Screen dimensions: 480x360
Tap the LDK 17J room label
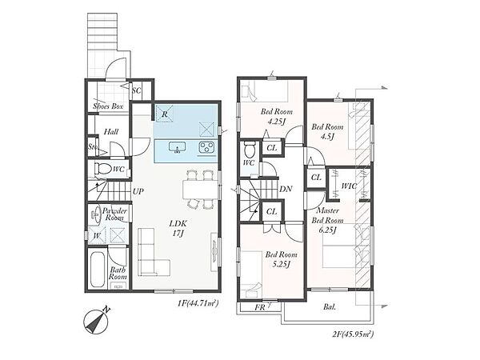click(178, 228)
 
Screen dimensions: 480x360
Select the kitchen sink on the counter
click(178, 147)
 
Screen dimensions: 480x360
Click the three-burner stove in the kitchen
click(206, 147)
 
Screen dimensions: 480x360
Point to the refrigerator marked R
click(165, 114)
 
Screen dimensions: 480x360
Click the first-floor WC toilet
click(103, 169)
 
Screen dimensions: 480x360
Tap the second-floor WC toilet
click(250, 150)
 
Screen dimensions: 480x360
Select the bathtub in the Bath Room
click(98, 270)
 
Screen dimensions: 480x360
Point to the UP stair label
click(138, 192)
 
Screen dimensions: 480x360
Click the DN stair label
click(286, 189)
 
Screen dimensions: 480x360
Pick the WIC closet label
click(349, 186)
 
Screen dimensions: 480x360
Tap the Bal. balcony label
click(330, 306)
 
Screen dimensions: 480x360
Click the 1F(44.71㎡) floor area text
click(198, 303)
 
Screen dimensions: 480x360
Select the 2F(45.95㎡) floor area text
click(353, 334)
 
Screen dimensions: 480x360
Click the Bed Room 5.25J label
click(282, 259)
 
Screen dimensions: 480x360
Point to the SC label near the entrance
click(137, 90)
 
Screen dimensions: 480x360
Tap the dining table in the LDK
click(201, 190)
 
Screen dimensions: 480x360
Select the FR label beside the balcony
click(260, 307)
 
